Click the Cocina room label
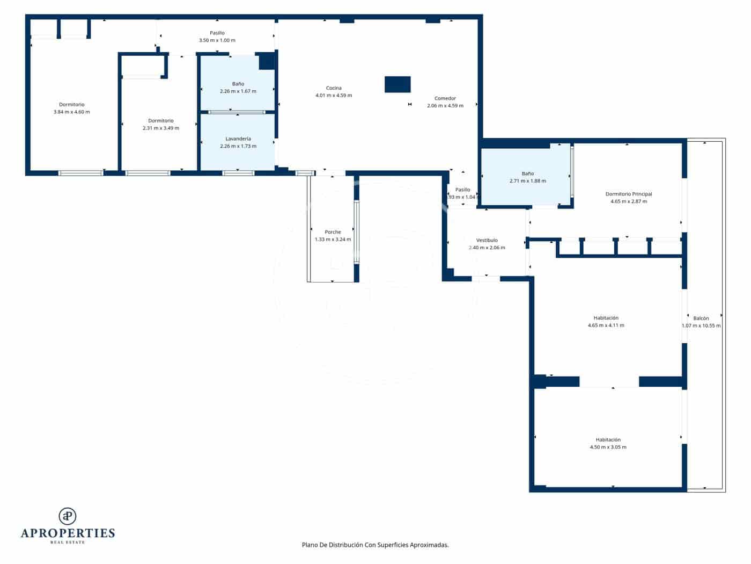[334, 88]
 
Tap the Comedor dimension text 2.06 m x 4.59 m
[445, 106]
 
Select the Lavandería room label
[238, 139]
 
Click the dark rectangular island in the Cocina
[397, 84]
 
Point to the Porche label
[333, 232]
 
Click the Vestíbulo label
[487, 240]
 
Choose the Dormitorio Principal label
[629, 194]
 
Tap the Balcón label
[701, 318]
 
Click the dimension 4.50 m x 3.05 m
[608, 447]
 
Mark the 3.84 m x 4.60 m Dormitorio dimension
[72, 112]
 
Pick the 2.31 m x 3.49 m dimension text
[161, 128]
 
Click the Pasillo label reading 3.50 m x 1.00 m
[217, 40]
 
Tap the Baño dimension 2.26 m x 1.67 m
[238, 91]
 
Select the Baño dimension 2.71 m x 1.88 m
[528, 181]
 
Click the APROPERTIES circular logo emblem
[68, 516]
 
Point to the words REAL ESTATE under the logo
[68, 543]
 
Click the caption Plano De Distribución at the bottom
[375, 545]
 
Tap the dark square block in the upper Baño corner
[267, 61]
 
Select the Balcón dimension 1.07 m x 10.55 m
[701, 326]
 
